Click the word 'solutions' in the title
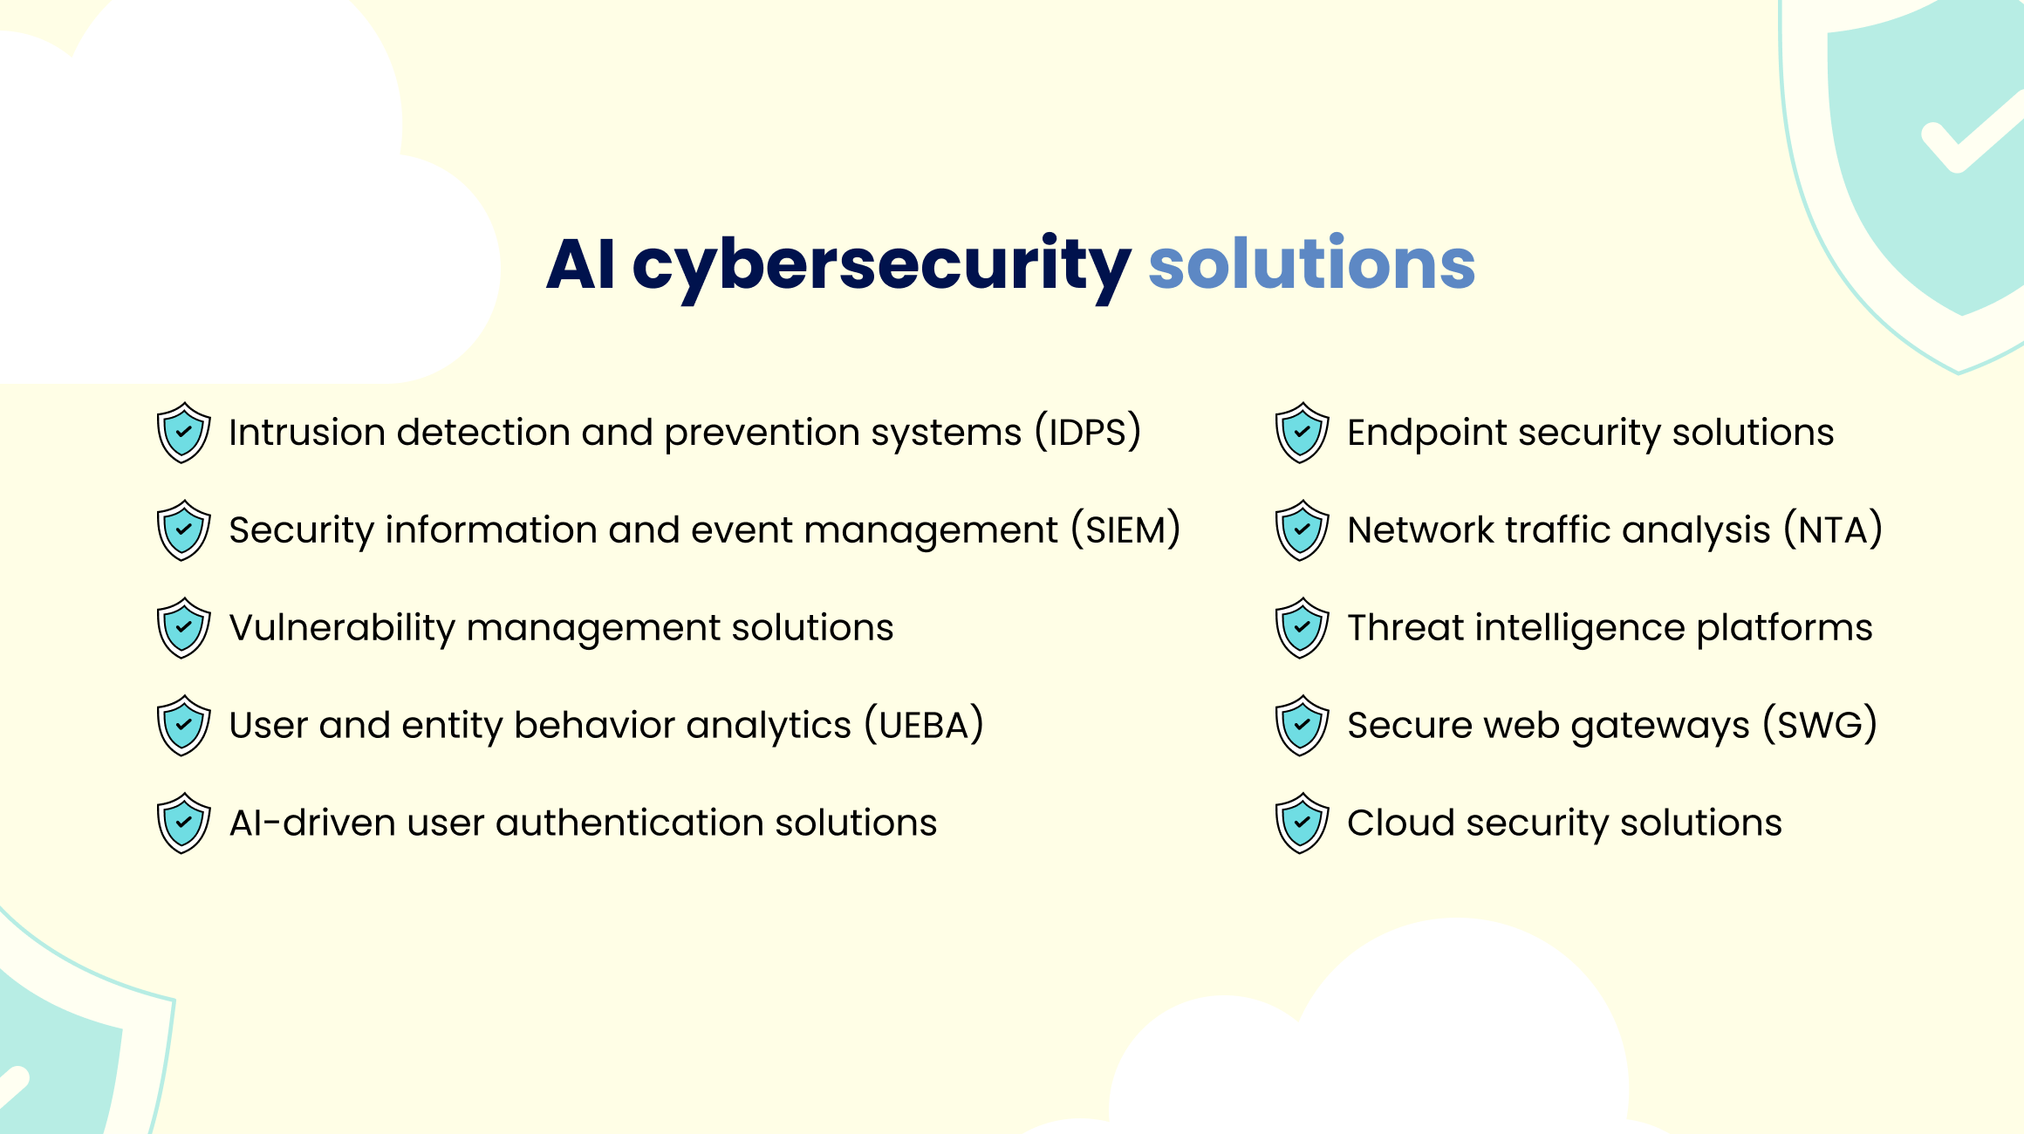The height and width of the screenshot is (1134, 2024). click(1311, 263)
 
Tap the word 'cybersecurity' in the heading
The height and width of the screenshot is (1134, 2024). click(881, 265)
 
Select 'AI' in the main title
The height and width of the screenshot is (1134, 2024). click(581, 263)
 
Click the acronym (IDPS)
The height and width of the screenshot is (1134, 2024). click(1088, 433)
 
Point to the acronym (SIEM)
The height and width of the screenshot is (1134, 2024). click(1125, 530)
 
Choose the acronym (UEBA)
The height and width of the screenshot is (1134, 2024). click(924, 726)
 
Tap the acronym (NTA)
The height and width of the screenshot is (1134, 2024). click(1833, 530)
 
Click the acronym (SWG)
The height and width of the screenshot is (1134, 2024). click(1820, 726)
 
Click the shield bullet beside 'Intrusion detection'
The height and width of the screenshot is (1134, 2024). click(183, 433)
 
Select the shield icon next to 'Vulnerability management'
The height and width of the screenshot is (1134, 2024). click(183, 628)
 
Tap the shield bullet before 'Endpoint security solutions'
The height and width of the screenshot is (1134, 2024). click(1302, 433)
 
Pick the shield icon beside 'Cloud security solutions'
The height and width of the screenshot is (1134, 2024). click(1302, 823)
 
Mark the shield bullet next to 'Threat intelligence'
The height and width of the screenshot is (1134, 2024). click(1302, 628)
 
